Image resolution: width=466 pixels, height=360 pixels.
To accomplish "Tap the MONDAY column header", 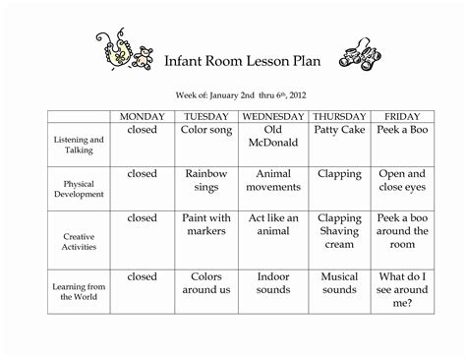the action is pyautogui.click(x=142, y=117).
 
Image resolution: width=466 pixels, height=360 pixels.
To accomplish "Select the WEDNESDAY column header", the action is pyautogui.click(x=273, y=117).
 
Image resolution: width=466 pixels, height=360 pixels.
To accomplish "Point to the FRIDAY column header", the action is pyautogui.click(x=404, y=117).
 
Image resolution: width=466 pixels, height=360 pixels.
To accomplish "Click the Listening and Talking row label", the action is pyautogui.click(x=78, y=146).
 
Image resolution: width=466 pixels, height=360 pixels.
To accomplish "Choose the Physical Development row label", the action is pyautogui.click(x=78, y=189).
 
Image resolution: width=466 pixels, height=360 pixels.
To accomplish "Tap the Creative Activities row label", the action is pyautogui.click(x=78, y=236).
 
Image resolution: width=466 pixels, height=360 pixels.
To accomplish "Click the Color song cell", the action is pyautogui.click(x=207, y=130).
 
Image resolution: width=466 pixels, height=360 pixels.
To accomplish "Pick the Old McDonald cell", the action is pyautogui.click(x=273, y=137).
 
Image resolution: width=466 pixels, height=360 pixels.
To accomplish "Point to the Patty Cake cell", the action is pyautogui.click(x=338, y=130).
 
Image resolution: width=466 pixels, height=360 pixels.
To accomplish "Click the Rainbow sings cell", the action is pyautogui.click(x=207, y=181).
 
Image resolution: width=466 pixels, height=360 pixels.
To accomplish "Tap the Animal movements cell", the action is pyautogui.click(x=273, y=181).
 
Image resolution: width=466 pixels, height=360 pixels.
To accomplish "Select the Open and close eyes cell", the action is pyautogui.click(x=404, y=181).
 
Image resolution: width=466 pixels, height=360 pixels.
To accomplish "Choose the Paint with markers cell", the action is pyautogui.click(x=207, y=224).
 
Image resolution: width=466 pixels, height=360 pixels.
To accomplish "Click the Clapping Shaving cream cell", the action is pyautogui.click(x=338, y=231).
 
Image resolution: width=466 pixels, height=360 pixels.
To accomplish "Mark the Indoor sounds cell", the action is pyautogui.click(x=273, y=283).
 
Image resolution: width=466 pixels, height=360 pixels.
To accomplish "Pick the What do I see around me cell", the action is pyautogui.click(x=404, y=290).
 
